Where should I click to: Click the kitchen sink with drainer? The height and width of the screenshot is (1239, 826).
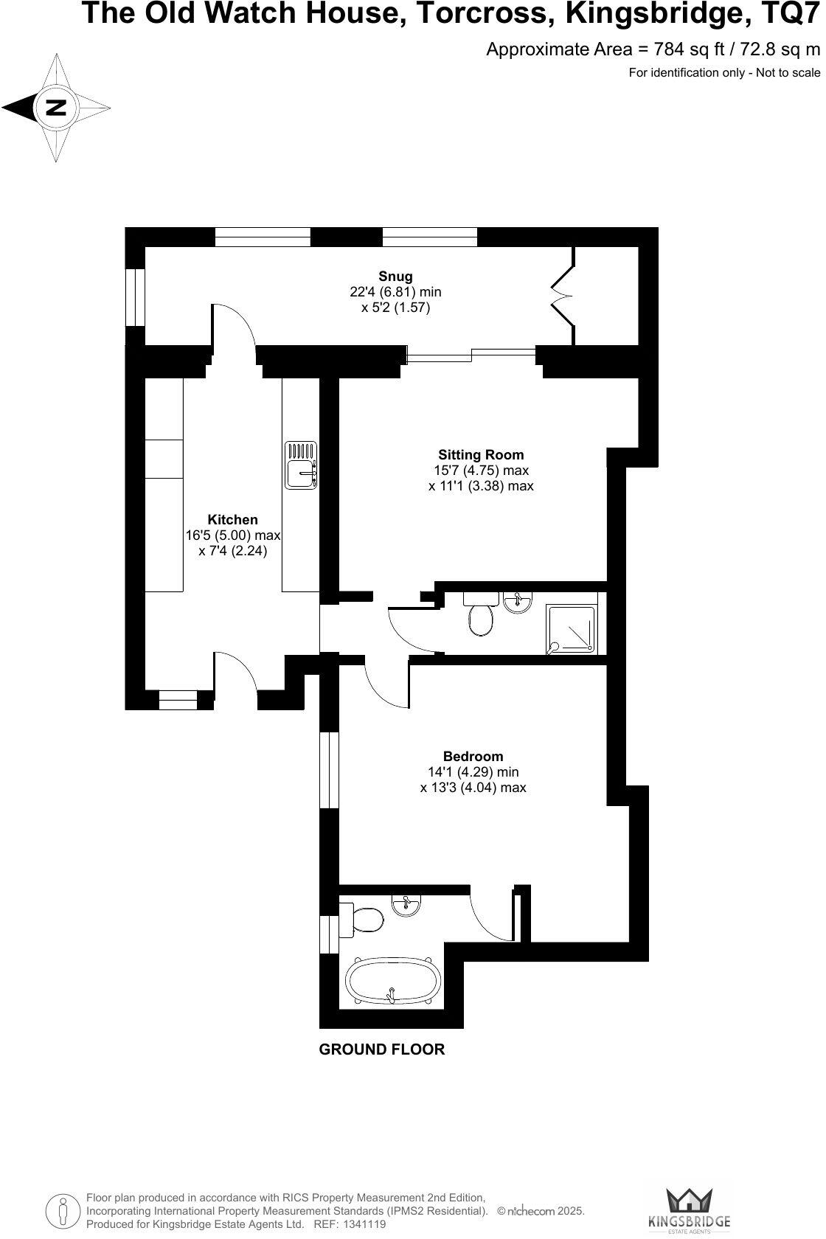tap(301, 465)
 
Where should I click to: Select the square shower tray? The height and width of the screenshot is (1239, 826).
tap(572, 629)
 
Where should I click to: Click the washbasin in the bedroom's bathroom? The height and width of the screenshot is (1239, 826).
tap(406, 906)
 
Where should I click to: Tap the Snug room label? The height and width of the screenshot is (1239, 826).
tap(395, 276)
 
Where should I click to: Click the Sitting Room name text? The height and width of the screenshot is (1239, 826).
tap(481, 455)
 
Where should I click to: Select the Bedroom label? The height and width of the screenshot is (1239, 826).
tap(473, 756)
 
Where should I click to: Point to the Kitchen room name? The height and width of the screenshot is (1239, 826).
tap(232, 520)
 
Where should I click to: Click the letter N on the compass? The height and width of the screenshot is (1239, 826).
tap(55, 108)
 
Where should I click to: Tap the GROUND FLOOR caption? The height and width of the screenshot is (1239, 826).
tap(381, 1049)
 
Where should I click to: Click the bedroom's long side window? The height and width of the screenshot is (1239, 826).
tap(329, 770)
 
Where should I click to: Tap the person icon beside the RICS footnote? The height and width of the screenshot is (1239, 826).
tap(63, 1210)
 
